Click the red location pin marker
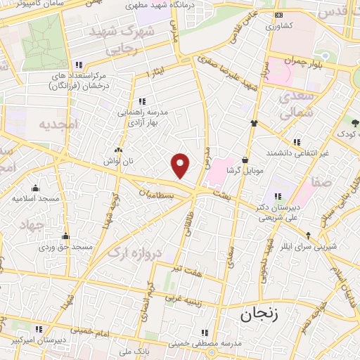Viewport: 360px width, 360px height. pyautogui.click(x=181, y=165)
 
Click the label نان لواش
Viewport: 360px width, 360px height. pyautogui.click(x=131, y=161)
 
